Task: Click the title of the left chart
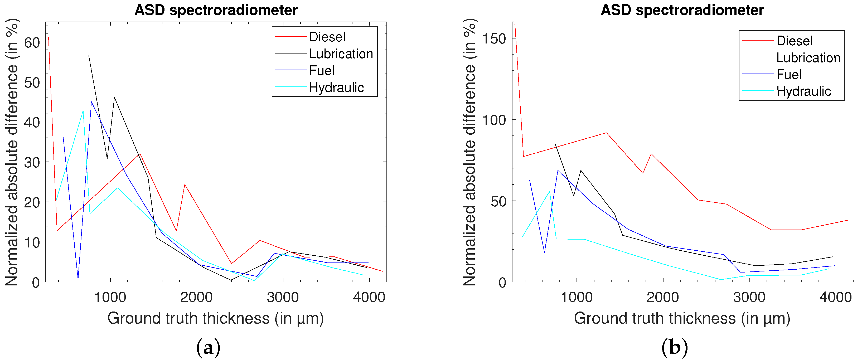coord(216,10)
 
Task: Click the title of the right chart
coord(682,10)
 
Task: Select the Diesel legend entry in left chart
coord(327,37)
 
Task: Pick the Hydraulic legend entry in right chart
coord(803,91)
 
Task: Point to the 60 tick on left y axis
coord(32,43)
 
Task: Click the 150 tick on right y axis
coord(494,38)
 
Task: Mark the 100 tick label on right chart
coord(494,120)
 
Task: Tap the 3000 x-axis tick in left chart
coord(283,297)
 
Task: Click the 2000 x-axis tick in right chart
coord(663,297)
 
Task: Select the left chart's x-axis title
coord(216,318)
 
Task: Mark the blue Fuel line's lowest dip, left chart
coord(78,279)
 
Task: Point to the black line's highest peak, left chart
coord(89,55)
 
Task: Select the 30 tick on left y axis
coord(32,162)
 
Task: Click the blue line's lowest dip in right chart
coord(545,252)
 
